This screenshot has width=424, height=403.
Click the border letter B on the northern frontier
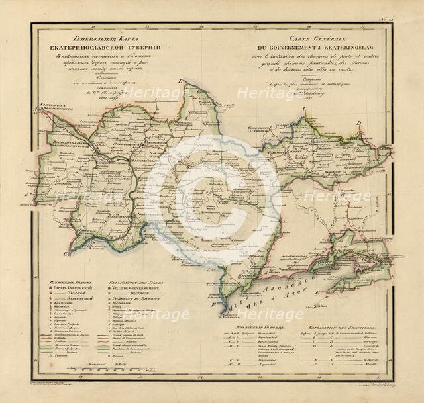pos(180,80)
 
